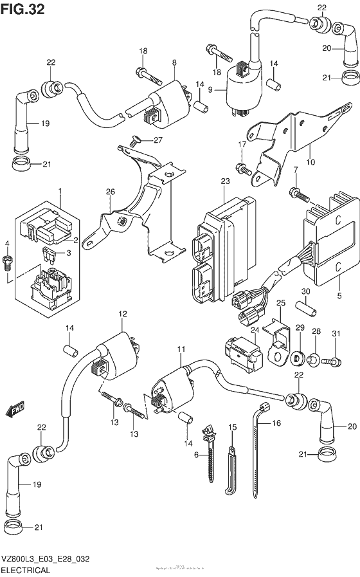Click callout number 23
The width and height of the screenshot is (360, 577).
pos(224,182)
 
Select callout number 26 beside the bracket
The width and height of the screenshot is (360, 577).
pos(111,192)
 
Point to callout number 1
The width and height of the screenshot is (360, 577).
pos(60,192)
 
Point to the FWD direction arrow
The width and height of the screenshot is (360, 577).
pos(14,408)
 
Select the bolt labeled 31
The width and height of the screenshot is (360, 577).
pos(332,362)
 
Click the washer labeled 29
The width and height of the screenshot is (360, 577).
pos(299,357)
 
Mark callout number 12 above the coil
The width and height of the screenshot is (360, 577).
pos(122,313)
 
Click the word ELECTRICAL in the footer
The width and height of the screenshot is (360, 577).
pos(28,569)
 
